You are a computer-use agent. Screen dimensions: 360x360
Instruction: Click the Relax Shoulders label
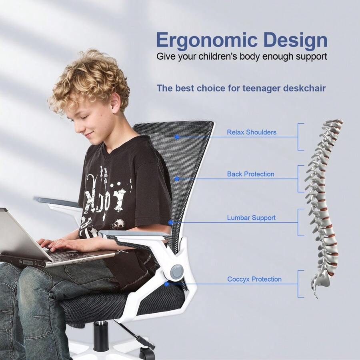[252, 132]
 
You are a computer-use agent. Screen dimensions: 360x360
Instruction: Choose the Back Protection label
[251, 174]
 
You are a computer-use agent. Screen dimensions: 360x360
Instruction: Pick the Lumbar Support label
[251, 218]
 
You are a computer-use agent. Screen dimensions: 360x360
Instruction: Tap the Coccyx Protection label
[254, 279]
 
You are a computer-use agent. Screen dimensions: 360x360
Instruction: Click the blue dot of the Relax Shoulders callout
[176, 137]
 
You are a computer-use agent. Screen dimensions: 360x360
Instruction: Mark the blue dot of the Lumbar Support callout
[171, 222]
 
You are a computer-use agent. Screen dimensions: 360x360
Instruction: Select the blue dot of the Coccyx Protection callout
[166, 284]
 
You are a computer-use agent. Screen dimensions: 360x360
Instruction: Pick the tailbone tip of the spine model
[316, 295]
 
